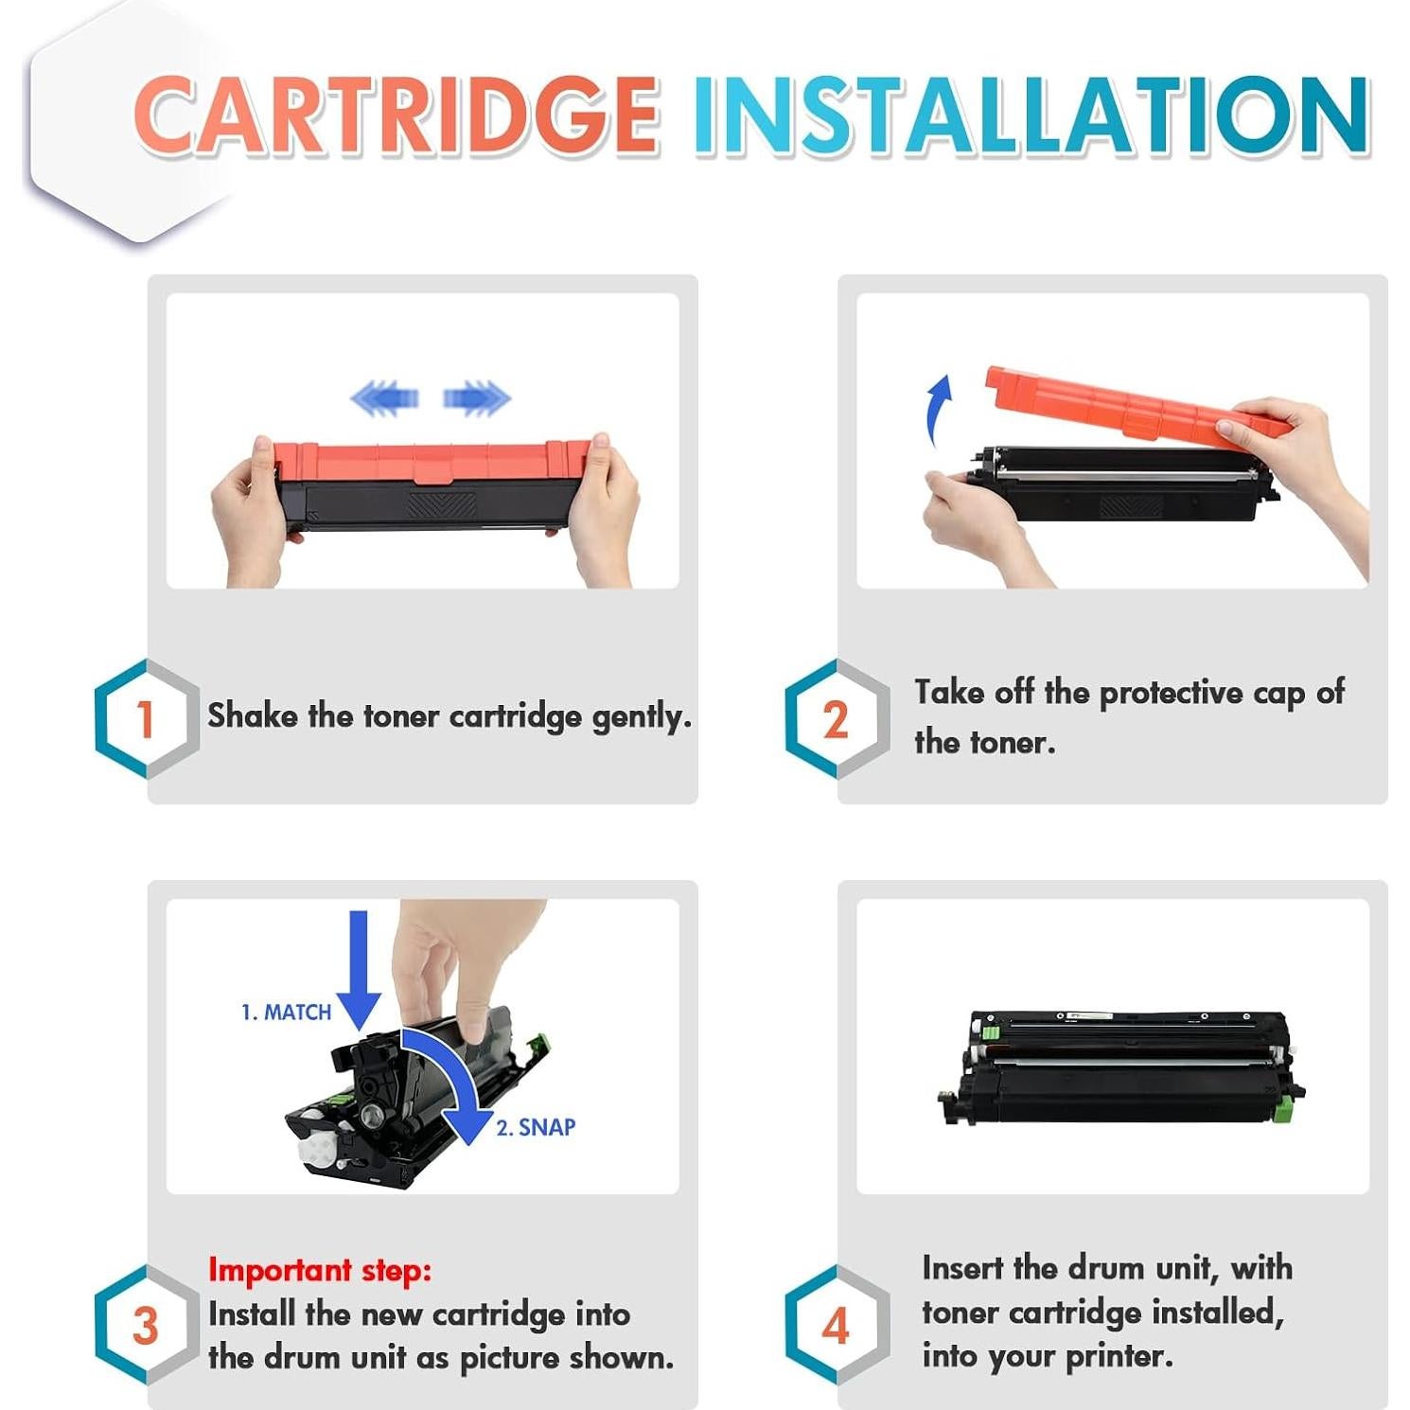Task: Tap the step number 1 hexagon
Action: (146, 718)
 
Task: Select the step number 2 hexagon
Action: (836, 718)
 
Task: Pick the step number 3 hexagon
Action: (146, 1325)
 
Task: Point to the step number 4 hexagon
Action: (836, 1325)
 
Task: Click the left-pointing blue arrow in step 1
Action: (384, 397)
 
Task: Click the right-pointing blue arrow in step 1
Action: (477, 397)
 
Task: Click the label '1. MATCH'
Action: (286, 1013)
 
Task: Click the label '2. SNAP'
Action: (536, 1127)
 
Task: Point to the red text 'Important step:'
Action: (319, 1269)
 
